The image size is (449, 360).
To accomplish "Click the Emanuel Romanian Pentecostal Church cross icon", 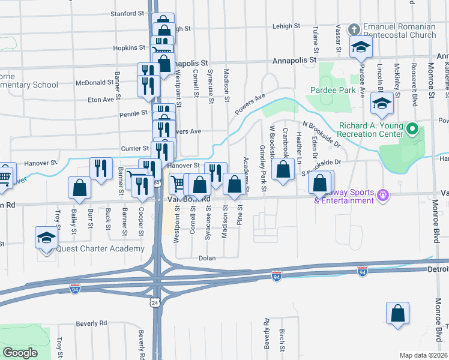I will tap(355, 29).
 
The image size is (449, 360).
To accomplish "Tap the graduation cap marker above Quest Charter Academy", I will tap(46, 238).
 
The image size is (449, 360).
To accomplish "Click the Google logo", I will tap(20, 353).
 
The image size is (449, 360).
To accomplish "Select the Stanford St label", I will tap(128, 12).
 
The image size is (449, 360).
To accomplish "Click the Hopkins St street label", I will tap(130, 47).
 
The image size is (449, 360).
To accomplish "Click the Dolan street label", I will tap(208, 258).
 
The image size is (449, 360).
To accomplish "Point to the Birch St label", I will tap(282, 339).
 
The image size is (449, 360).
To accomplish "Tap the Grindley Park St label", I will tap(263, 169).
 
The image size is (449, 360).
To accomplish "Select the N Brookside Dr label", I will tap(322, 134).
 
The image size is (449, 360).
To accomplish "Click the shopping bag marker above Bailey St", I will tap(79, 188).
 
